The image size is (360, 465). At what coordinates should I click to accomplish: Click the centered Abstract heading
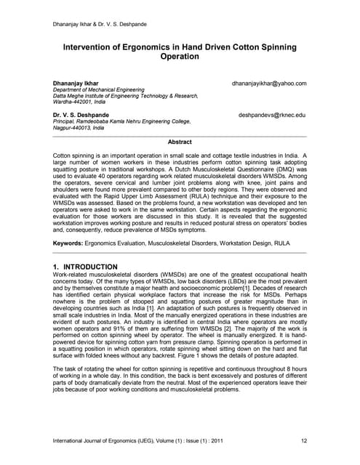pyautogui.click(x=180, y=142)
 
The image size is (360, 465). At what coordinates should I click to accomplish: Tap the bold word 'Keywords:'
pyautogui.click(x=68, y=242)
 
